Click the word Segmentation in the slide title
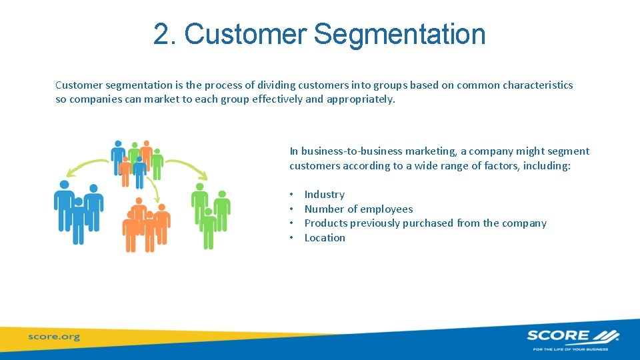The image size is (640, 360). [399, 35]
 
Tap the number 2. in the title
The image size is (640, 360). [165, 35]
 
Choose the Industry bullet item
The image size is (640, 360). [324, 195]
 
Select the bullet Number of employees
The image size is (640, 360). [358, 209]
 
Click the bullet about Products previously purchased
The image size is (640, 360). [425, 223]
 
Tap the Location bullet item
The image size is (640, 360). [325, 238]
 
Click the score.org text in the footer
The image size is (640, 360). [54, 337]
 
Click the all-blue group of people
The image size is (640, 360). [79, 210]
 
